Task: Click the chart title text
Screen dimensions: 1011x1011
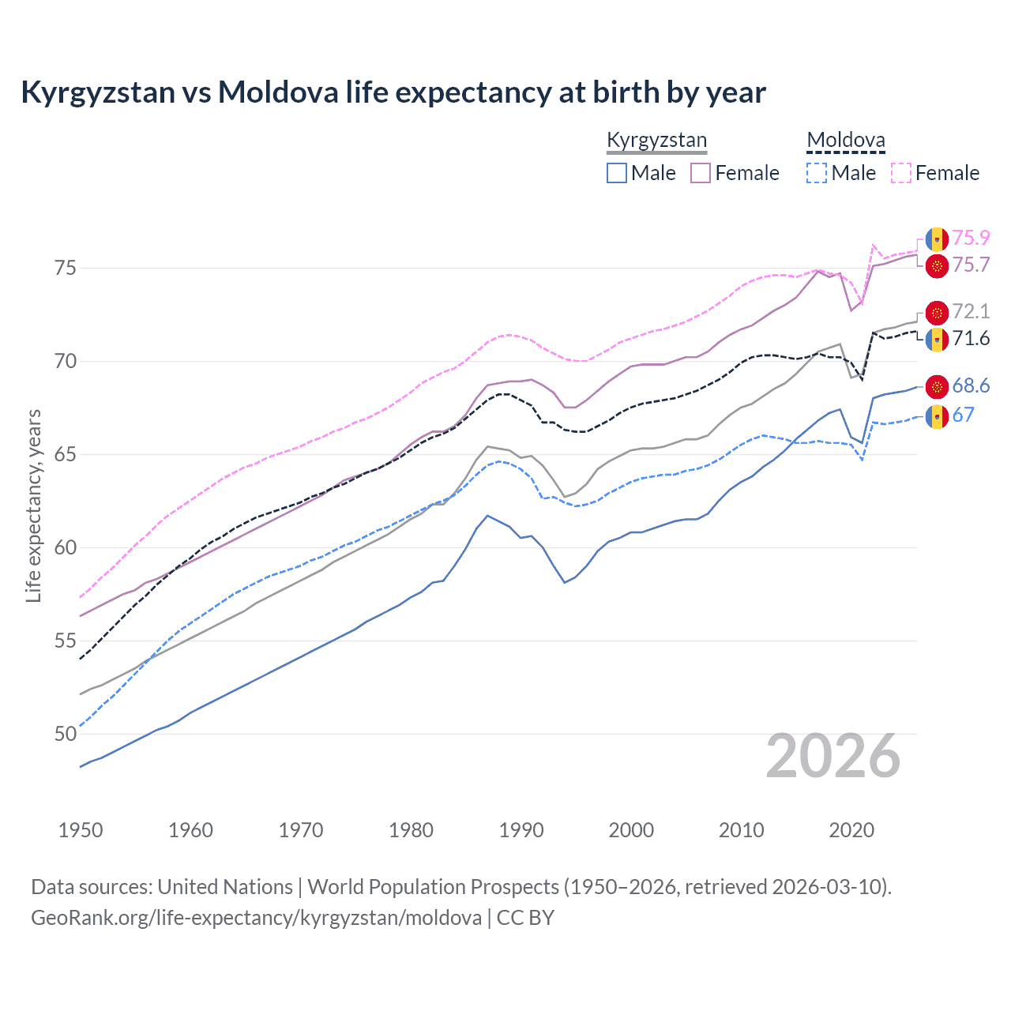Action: (393, 92)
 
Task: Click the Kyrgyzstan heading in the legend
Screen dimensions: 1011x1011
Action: (656, 141)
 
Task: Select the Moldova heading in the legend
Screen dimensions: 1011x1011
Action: (846, 141)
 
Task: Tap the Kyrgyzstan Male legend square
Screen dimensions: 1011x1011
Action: (617, 173)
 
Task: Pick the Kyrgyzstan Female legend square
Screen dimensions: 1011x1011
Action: (701, 173)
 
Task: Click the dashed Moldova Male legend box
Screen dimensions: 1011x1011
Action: (817, 173)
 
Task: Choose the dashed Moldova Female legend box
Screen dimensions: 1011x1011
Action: (901, 173)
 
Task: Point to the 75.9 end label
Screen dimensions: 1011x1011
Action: (971, 238)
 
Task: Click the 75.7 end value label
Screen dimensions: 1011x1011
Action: (971, 265)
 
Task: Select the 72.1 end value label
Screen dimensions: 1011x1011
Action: (971, 311)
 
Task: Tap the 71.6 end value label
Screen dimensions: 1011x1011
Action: (971, 339)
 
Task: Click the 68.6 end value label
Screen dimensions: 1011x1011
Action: (971, 385)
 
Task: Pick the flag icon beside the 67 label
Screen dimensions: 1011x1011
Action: (937, 416)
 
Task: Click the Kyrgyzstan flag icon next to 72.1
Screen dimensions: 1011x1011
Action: (937, 313)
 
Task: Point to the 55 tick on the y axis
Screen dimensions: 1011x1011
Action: (66, 641)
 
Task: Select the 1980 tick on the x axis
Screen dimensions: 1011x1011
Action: (411, 830)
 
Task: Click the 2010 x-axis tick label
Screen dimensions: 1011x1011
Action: (741, 830)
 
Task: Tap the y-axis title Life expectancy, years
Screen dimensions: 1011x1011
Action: (34, 505)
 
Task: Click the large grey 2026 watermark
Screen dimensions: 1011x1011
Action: (833, 757)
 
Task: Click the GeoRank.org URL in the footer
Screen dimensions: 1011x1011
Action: (256, 918)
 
